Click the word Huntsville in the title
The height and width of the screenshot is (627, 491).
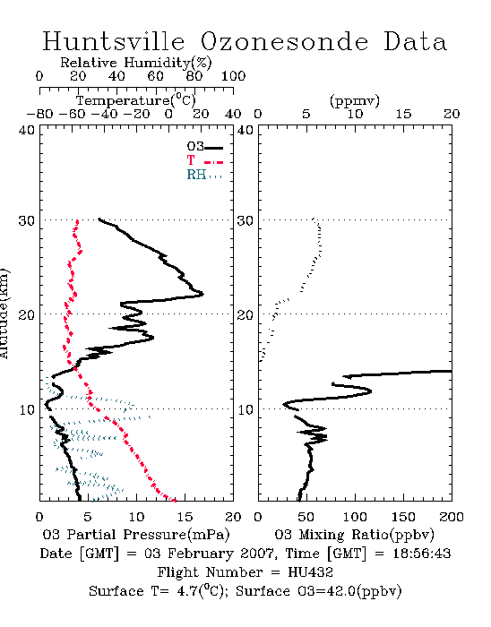pos(114,41)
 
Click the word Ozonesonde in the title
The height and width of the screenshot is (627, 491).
pos(283,41)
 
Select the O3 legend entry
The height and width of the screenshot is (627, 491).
pos(204,147)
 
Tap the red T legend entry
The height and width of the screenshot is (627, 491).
pos(204,160)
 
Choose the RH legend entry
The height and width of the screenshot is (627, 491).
pos(204,175)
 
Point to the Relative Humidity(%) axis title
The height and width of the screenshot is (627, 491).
pos(136,63)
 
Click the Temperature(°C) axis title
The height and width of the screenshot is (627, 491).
pos(136,100)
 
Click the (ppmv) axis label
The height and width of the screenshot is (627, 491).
pos(354,101)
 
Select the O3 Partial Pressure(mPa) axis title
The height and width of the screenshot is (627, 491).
pos(136,535)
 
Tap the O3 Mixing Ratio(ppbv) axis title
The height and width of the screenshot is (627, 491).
pos(354,535)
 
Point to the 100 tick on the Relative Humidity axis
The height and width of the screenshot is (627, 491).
pos(233,76)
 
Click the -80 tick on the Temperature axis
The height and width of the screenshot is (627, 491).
pos(39,114)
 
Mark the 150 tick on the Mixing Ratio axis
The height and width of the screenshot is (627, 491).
pos(403,517)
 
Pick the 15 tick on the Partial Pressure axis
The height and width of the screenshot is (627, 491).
pos(185,517)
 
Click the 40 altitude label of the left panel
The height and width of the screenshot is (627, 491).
pos(27,130)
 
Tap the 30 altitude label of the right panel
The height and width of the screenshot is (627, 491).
pos(245,220)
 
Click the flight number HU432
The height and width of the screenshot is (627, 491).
pos(310,572)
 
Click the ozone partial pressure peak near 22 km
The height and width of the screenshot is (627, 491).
pos(202,294)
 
